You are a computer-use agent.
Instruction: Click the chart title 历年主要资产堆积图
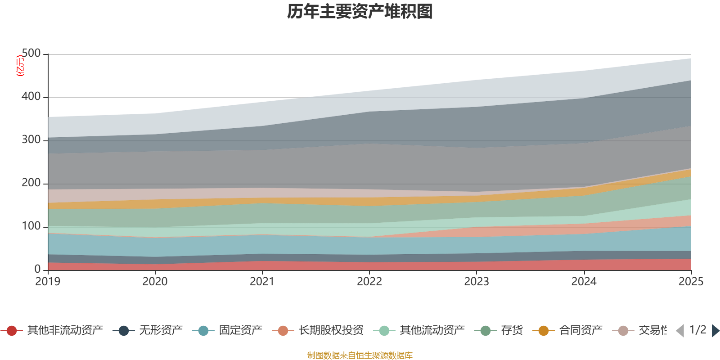click(x=360, y=12)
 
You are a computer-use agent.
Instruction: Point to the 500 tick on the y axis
click(x=31, y=54)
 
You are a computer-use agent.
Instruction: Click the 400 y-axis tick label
click(x=31, y=97)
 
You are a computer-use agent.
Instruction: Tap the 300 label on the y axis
click(x=31, y=140)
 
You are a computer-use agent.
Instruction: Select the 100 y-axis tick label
click(x=31, y=226)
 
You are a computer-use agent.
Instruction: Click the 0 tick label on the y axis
click(x=38, y=269)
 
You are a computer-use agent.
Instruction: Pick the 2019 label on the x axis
click(x=48, y=282)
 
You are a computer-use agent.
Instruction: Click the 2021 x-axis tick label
click(x=262, y=282)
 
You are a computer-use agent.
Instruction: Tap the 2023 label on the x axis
click(x=477, y=282)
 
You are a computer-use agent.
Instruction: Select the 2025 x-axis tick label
click(x=691, y=282)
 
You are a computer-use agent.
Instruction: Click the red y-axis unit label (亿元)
click(x=20, y=66)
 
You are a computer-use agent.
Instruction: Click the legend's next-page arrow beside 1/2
click(x=715, y=331)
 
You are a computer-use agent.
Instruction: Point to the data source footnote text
click(x=360, y=355)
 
